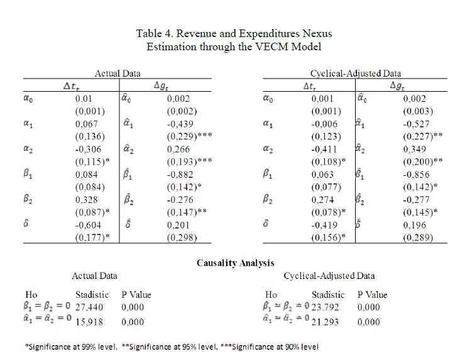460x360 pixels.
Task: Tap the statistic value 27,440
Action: (x=89, y=307)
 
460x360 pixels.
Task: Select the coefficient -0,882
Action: (x=181, y=177)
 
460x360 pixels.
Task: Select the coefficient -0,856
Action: (x=416, y=177)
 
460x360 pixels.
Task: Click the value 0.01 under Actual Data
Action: (x=83, y=99)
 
